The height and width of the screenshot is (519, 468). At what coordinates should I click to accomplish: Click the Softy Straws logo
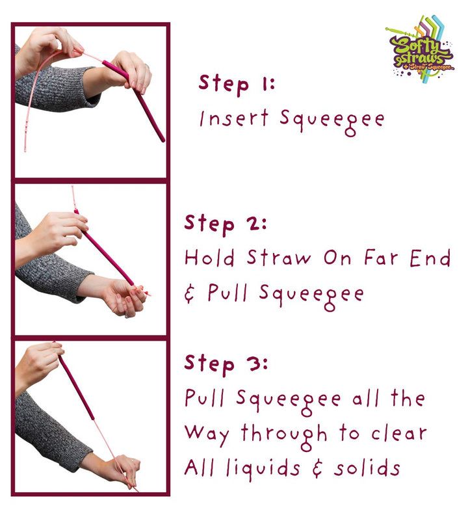point(421,49)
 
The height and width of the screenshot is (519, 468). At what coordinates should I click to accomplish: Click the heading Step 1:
point(237,85)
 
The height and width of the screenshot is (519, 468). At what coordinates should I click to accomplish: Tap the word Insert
point(234,118)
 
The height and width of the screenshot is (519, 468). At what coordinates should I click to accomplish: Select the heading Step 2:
point(226,225)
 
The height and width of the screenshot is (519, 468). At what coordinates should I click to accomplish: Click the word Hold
point(210,258)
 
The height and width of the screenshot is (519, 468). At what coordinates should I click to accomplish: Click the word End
point(430,258)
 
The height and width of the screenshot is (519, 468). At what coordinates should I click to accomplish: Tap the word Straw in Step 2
point(279,258)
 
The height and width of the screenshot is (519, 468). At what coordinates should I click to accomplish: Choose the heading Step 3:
point(226,365)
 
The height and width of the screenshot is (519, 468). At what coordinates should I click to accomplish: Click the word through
point(284,436)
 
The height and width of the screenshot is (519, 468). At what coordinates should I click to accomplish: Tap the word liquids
point(263,468)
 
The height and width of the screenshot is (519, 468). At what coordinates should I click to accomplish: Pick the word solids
point(367,468)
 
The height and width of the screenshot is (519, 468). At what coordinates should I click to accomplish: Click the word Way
point(207,435)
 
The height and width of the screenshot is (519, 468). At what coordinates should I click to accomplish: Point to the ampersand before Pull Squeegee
point(189,293)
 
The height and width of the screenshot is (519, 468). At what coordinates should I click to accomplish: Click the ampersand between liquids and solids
point(317,468)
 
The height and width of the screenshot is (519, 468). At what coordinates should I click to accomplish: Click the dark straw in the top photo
point(134,100)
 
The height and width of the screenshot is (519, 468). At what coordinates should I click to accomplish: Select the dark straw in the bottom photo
point(76,386)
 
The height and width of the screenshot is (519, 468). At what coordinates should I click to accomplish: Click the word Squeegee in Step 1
point(332,122)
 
